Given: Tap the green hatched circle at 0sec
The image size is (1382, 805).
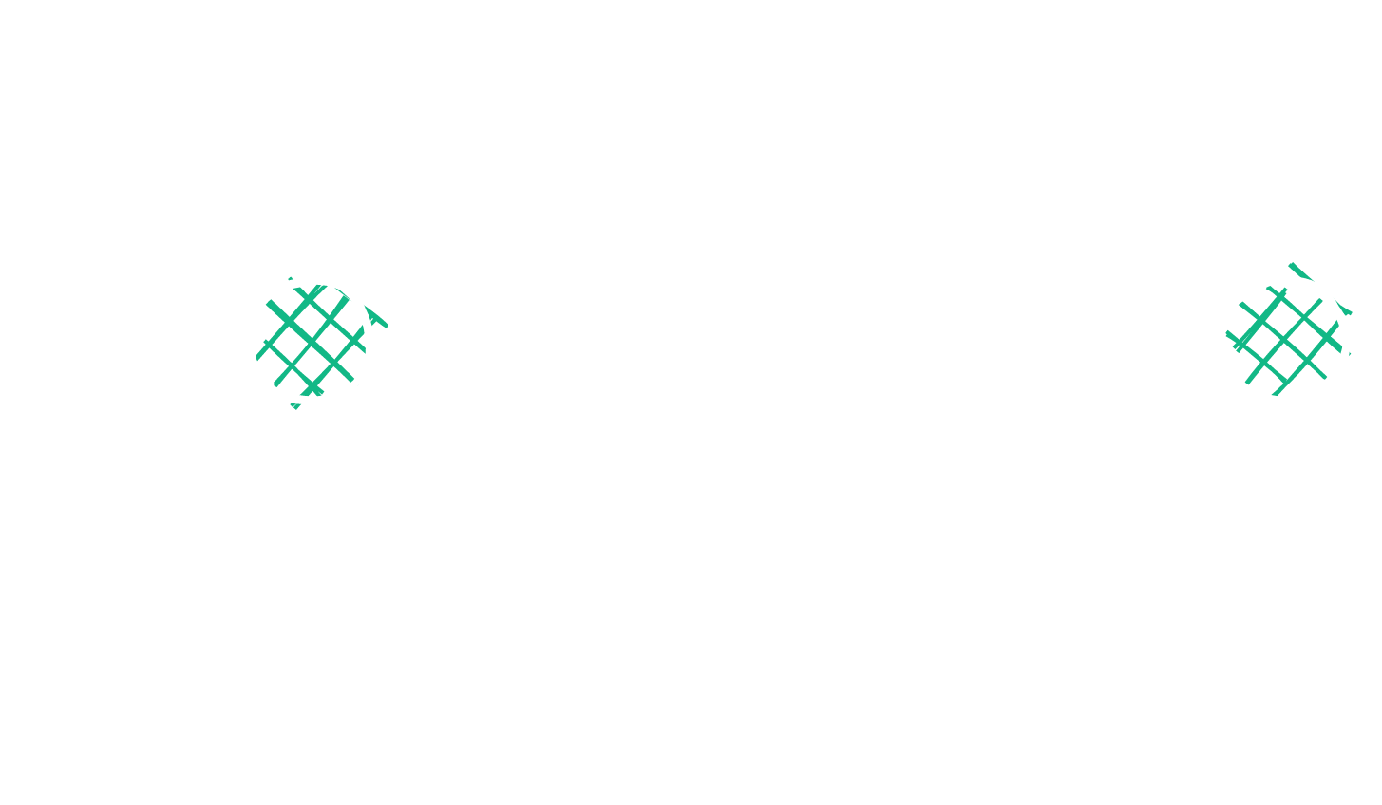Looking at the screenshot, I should coord(309,340).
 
